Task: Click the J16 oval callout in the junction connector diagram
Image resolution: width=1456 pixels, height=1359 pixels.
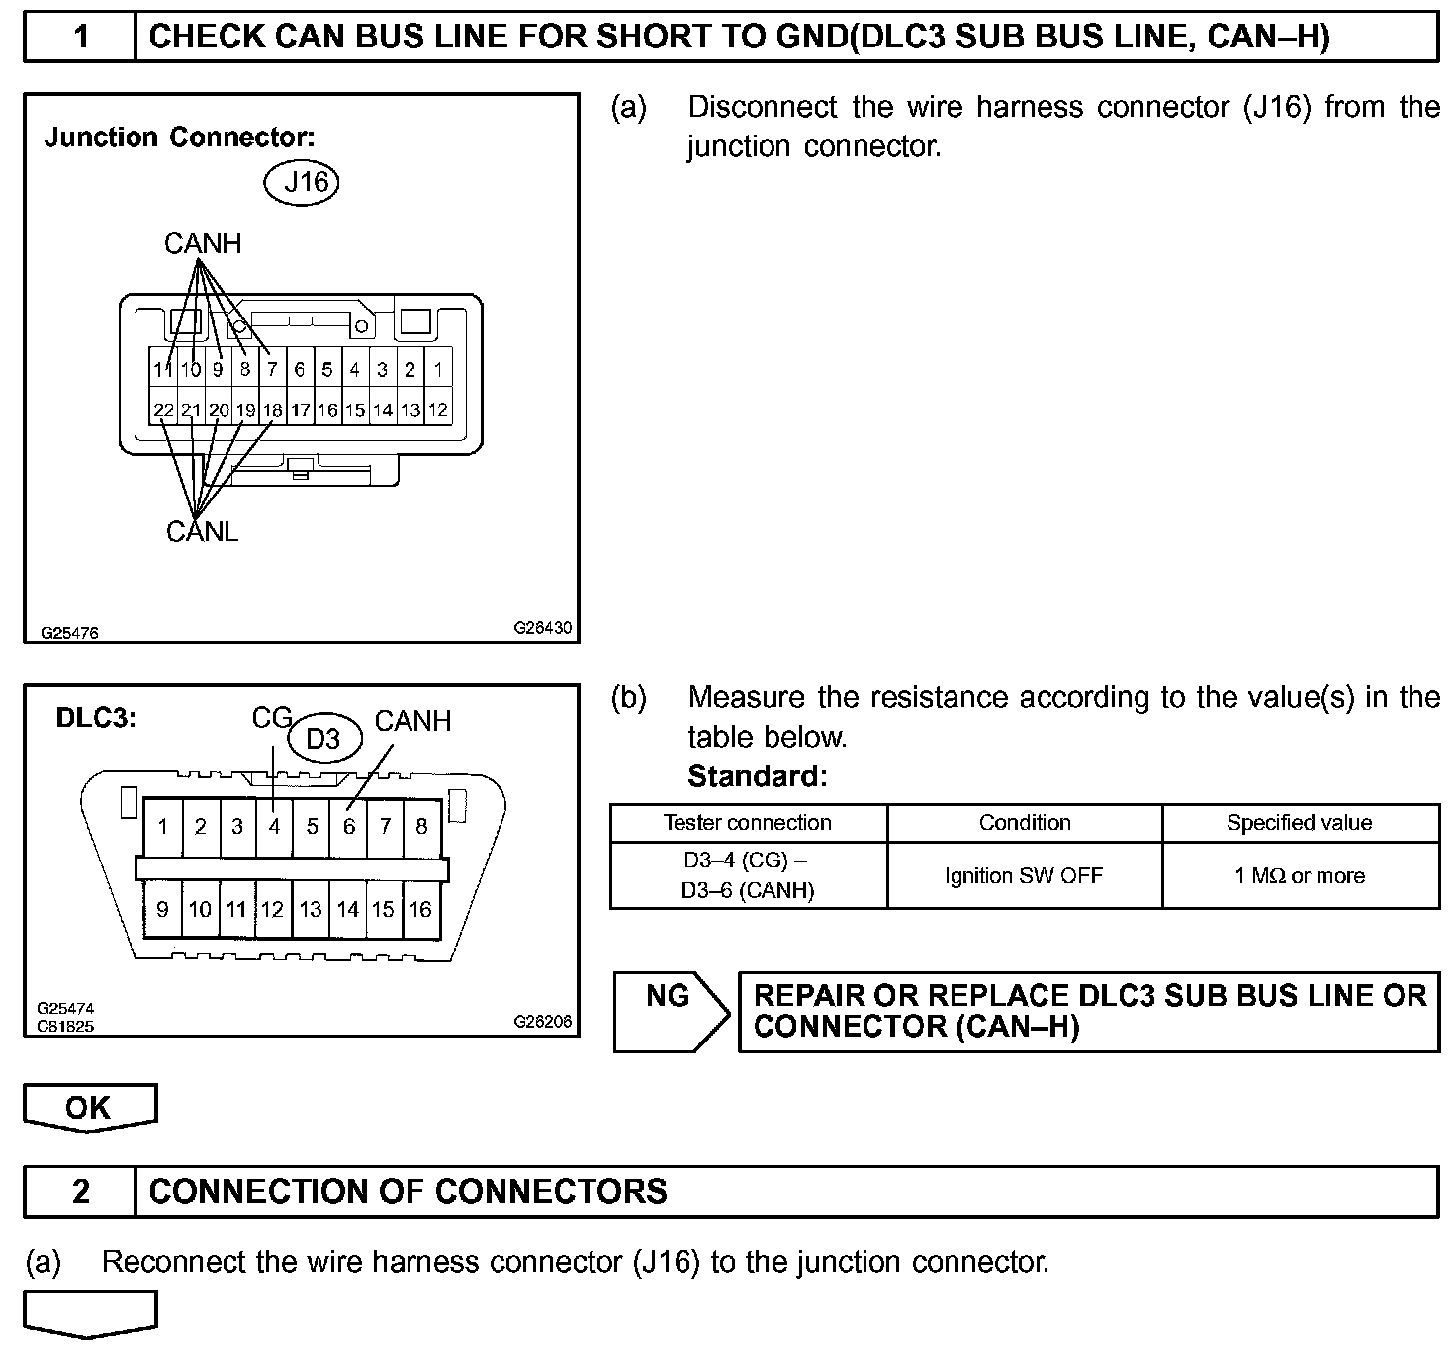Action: (x=304, y=183)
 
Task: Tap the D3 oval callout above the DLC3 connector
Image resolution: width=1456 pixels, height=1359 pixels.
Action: (x=322, y=739)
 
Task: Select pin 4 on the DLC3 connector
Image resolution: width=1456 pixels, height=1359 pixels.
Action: (x=274, y=827)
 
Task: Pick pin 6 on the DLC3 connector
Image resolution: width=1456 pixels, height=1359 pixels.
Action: (x=348, y=827)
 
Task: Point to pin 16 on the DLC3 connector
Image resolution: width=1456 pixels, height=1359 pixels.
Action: (x=420, y=909)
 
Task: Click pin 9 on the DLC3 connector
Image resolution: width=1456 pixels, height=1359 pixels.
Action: (x=162, y=909)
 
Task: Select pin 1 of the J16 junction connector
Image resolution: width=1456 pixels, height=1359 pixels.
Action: (x=437, y=371)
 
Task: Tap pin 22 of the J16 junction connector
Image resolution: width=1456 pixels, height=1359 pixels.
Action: (x=163, y=409)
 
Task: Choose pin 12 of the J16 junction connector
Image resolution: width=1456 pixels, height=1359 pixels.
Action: (x=437, y=409)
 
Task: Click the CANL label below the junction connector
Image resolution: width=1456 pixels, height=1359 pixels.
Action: (x=202, y=532)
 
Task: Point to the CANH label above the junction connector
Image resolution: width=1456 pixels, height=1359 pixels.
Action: (x=202, y=244)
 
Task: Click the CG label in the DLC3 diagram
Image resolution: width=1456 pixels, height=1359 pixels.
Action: (x=270, y=718)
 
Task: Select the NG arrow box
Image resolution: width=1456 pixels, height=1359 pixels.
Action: (x=670, y=1010)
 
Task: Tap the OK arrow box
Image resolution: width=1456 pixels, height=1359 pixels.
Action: (x=89, y=1107)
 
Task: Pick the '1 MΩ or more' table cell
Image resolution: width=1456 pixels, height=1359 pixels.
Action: (x=1300, y=875)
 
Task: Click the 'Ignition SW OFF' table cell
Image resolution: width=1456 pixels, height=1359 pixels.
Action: (x=1024, y=875)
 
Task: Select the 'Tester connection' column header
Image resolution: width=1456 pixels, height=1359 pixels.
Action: (x=748, y=823)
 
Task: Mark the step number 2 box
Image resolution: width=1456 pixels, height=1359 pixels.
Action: (x=80, y=1191)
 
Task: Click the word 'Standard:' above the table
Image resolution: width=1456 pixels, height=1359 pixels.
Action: (x=757, y=776)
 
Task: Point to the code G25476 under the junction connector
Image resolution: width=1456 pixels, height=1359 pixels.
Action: (x=69, y=633)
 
